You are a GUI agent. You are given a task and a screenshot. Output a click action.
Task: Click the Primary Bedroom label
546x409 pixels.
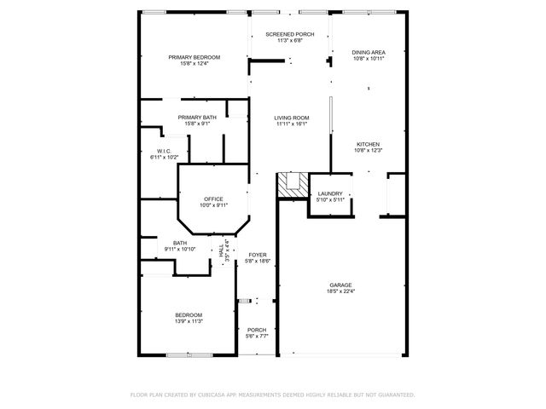(x=194, y=57)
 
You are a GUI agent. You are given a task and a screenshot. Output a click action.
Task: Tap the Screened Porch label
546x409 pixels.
(x=290, y=34)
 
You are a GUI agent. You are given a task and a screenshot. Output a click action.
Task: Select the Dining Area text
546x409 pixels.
(x=368, y=53)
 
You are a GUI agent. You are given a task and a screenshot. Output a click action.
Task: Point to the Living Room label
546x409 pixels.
(x=291, y=118)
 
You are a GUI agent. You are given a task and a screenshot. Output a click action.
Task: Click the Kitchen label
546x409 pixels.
(x=368, y=144)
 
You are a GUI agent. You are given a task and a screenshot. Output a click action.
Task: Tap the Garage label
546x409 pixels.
(x=341, y=285)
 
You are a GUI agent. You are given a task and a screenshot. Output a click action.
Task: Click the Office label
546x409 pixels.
(x=213, y=199)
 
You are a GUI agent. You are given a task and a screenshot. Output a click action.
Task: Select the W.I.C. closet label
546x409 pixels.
(x=164, y=151)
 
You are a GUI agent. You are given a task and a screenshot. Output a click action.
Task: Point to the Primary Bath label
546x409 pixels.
(x=197, y=117)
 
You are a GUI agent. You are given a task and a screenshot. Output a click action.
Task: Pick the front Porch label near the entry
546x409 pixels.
(x=257, y=330)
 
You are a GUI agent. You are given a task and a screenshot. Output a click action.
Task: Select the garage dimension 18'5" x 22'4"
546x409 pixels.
(x=341, y=291)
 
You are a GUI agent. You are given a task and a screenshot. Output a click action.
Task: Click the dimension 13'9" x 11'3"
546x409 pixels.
(x=189, y=321)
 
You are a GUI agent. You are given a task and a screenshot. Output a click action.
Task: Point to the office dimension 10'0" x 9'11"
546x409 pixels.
(x=213, y=205)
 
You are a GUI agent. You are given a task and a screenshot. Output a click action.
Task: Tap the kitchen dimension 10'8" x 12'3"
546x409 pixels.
(x=368, y=151)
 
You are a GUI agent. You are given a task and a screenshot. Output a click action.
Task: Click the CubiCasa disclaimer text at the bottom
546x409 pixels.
(x=272, y=395)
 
